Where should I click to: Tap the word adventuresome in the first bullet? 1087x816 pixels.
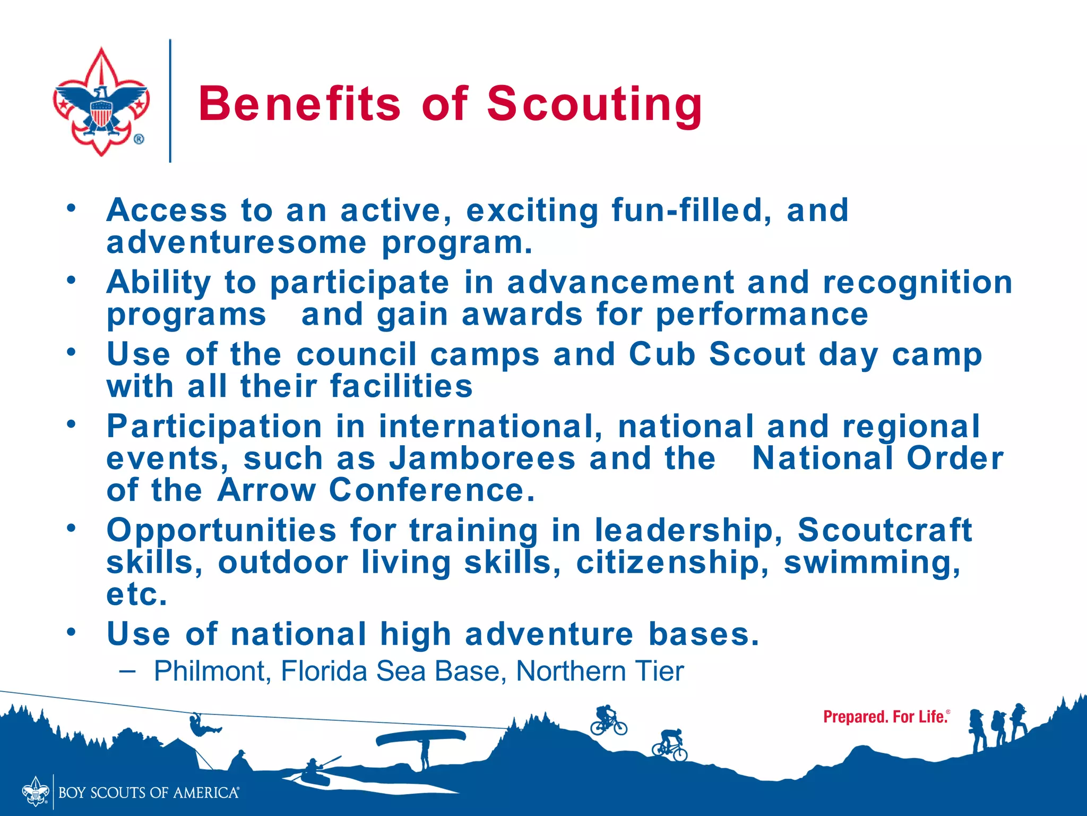[x=236, y=243]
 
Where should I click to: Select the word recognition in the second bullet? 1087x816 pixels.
[x=917, y=282]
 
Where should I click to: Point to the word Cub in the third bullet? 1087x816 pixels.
[x=662, y=354]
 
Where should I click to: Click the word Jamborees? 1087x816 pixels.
[x=482, y=458]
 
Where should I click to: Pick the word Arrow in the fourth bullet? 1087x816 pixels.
[x=266, y=490]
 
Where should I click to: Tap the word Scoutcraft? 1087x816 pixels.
[x=885, y=530]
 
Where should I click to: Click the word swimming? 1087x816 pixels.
[x=872, y=562]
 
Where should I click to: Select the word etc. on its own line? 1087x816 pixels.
[x=137, y=594]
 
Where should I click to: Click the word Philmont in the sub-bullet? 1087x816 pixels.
[x=209, y=671]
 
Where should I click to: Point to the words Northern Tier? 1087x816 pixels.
[x=600, y=671]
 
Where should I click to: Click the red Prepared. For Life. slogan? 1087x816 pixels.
[x=885, y=717]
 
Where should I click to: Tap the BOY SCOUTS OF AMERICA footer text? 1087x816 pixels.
[x=149, y=793]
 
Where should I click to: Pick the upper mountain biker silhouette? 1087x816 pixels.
[x=608, y=720]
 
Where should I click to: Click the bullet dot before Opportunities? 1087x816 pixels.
[x=71, y=528]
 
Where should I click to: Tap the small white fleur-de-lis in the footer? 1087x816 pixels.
[x=36, y=792]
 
